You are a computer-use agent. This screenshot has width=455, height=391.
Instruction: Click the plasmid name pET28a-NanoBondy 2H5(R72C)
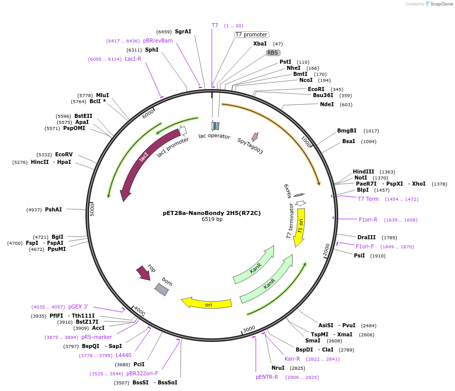coord(212,213)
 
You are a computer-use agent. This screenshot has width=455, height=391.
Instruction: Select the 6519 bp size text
coord(212,220)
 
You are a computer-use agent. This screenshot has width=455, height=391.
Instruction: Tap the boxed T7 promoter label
coord(251,34)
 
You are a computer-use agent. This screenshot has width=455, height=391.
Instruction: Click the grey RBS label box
coord(273,53)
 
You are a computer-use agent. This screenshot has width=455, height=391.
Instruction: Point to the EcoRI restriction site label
coord(316,89)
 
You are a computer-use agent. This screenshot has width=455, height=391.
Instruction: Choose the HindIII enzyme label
coord(363,172)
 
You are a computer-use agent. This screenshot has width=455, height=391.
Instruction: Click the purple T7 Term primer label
coord(368,199)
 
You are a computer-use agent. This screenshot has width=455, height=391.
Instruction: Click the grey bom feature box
coord(161,289)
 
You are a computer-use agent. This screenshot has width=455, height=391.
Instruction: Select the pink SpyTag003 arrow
coord(255,136)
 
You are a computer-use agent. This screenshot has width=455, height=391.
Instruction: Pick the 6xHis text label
coord(288,191)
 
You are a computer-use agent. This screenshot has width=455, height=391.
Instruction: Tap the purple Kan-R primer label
coord(292,359)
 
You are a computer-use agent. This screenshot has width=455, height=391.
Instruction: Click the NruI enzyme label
coord(278,368)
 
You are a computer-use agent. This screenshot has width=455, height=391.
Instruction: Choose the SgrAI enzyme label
coord(183,31)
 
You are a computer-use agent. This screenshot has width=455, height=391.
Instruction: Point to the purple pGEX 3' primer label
coord(78,307)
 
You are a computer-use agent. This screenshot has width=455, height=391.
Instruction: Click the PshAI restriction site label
coord(54,209)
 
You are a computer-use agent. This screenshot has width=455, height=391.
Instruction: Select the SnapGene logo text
coord(442,4)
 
